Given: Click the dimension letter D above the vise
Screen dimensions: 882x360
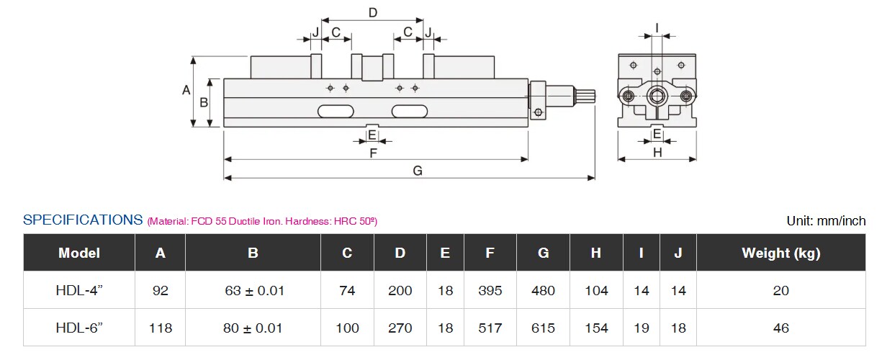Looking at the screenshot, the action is click(373, 13).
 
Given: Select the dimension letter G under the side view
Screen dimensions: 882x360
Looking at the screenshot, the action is click(418, 171).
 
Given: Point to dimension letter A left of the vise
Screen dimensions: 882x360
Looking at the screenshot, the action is click(186, 90).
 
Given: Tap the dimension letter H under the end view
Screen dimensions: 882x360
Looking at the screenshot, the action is click(657, 153).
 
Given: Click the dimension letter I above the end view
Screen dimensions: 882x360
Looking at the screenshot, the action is click(657, 28).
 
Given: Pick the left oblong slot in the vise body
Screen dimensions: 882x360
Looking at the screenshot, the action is click(336, 112).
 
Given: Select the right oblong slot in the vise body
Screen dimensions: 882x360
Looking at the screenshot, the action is click(410, 112).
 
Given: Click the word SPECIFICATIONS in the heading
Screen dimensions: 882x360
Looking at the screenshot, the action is click(83, 220).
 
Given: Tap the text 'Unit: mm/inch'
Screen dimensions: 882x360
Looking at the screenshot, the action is click(826, 221).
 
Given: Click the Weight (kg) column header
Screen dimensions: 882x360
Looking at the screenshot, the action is click(781, 253).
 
